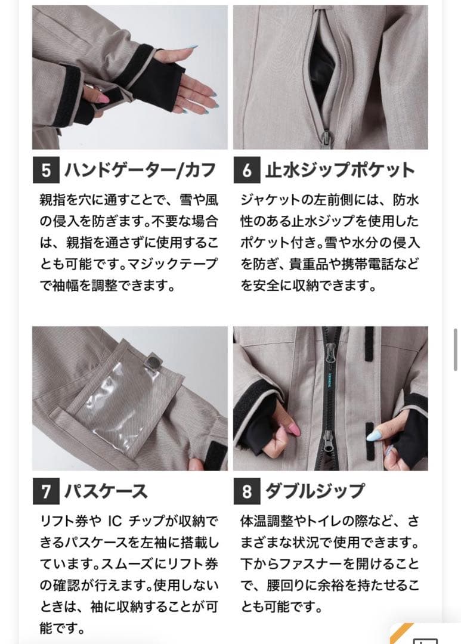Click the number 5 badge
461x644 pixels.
pos(46,171)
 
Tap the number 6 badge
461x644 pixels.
pos(247,171)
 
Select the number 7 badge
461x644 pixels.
pos(46,492)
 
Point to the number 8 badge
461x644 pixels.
pos(247,492)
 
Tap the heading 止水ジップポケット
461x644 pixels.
pos(339,171)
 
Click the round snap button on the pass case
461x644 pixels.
pos(154,361)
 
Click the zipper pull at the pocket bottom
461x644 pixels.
pos(326,138)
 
